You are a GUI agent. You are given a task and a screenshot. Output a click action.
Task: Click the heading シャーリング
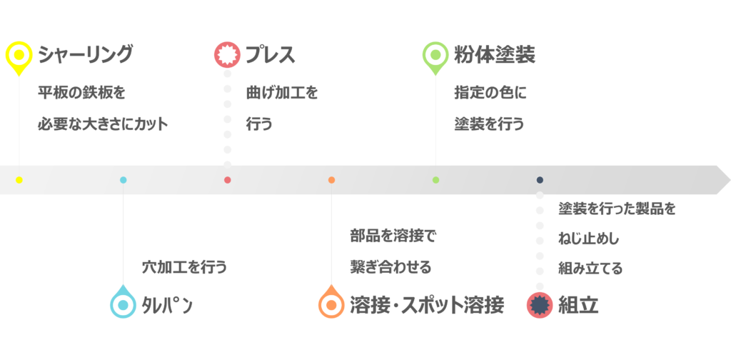pyautogui.click(x=86, y=54)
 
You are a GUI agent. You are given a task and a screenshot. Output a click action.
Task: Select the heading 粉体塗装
pyautogui.click(x=495, y=54)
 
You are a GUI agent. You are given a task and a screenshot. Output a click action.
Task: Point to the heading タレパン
pyautogui.click(x=167, y=306)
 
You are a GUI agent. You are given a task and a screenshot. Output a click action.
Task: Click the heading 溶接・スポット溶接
pyautogui.click(x=427, y=306)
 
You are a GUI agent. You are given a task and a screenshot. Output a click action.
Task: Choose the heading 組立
pyautogui.click(x=578, y=306)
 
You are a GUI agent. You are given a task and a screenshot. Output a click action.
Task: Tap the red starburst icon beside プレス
pyautogui.click(x=227, y=55)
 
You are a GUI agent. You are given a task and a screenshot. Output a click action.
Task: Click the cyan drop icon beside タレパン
pyautogui.click(x=123, y=301)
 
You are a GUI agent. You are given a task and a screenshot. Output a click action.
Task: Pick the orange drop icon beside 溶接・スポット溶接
pyautogui.click(x=331, y=301)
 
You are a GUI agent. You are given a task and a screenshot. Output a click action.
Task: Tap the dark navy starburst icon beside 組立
pyautogui.click(x=540, y=305)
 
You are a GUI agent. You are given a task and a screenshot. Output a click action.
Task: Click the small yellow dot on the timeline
pyautogui.click(x=19, y=180)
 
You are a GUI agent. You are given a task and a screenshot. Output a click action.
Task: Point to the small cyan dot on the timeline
pyautogui.click(x=123, y=180)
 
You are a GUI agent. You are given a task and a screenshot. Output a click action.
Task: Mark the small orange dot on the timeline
pyautogui.click(x=331, y=180)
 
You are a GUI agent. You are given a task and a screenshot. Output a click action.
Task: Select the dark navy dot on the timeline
pyautogui.click(x=540, y=180)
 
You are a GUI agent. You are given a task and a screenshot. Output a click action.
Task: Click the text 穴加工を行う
pyautogui.click(x=184, y=268)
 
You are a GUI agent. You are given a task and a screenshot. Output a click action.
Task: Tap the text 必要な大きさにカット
pyautogui.click(x=103, y=124)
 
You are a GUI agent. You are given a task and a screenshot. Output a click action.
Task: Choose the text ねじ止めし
pyautogui.click(x=589, y=239)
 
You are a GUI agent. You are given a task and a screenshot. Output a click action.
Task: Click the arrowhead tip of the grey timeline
pyautogui.click(x=730, y=180)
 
